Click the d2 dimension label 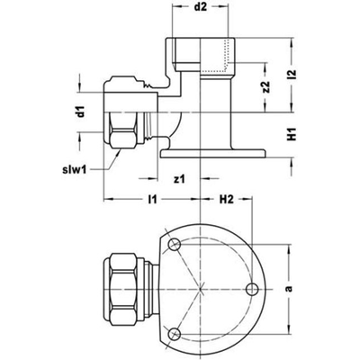click(201, 7)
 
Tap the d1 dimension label click(80, 112)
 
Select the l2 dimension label click(292, 76)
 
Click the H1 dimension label click(292, 134)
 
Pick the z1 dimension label click(179, 180)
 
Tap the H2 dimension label click(226, 199)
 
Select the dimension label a click(289, 289)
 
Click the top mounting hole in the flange click(174, 245)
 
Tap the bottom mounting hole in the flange click(174, 333)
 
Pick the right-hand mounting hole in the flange click(252, 289)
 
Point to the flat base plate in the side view click(213, 153)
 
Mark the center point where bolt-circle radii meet click(200, 289)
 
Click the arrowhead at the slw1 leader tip click(119, 151)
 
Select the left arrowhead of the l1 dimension click(107, 199)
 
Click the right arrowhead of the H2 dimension click(248, 198)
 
